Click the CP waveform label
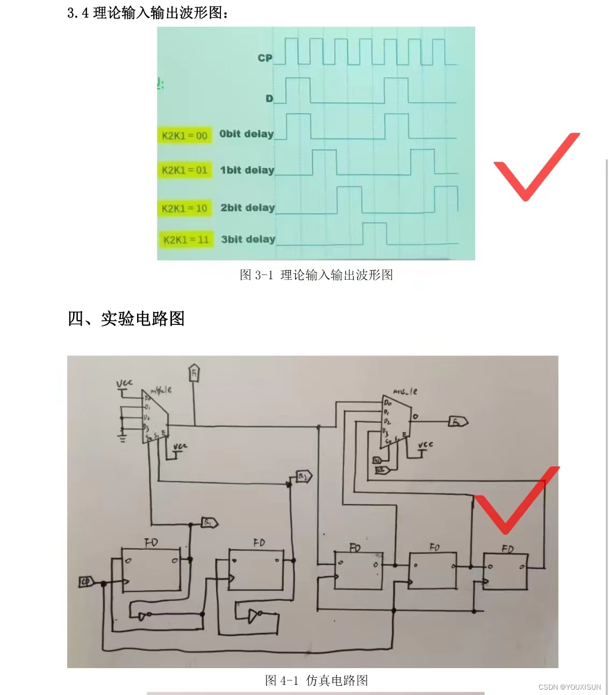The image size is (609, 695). click(x=265, y=58)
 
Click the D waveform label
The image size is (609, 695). click(x=269, y=98)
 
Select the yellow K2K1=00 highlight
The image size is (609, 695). click(x=184, y=136)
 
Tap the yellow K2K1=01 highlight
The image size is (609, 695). click(x=184, y=171)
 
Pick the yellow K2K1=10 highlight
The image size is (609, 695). click(x=184, y=208)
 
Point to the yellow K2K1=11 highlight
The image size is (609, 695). click(x=186, y=240)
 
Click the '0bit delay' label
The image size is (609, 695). click(x=246, y=134)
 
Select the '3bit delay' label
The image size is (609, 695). click(x=248, y=239)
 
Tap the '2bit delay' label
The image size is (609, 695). click(x=247, y=208)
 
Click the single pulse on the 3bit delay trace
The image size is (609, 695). click(x=375, y=233)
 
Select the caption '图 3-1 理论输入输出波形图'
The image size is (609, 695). click(x=316, y=275)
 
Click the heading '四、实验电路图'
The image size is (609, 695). click(x=126, y=318)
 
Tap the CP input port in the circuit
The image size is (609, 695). click(x=86, y=582)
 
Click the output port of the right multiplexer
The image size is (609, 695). click(x=458, y=422)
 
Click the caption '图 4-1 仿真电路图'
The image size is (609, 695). click(x=316, y=680)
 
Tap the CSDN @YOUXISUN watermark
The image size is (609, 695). click(x=569, y=687)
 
